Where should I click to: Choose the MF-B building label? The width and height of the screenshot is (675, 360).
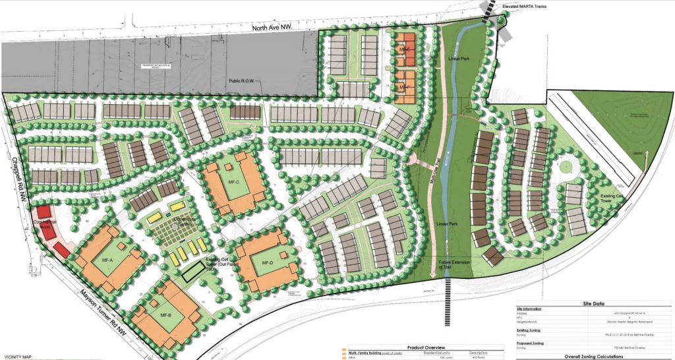(165, 315)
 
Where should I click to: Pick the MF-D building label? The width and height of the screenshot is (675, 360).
(267, 263)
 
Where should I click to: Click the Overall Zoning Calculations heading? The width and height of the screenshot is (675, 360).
(594, 356)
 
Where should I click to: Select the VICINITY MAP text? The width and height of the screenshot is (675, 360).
(18, 357)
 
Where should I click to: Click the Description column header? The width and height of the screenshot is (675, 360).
(477, 352)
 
